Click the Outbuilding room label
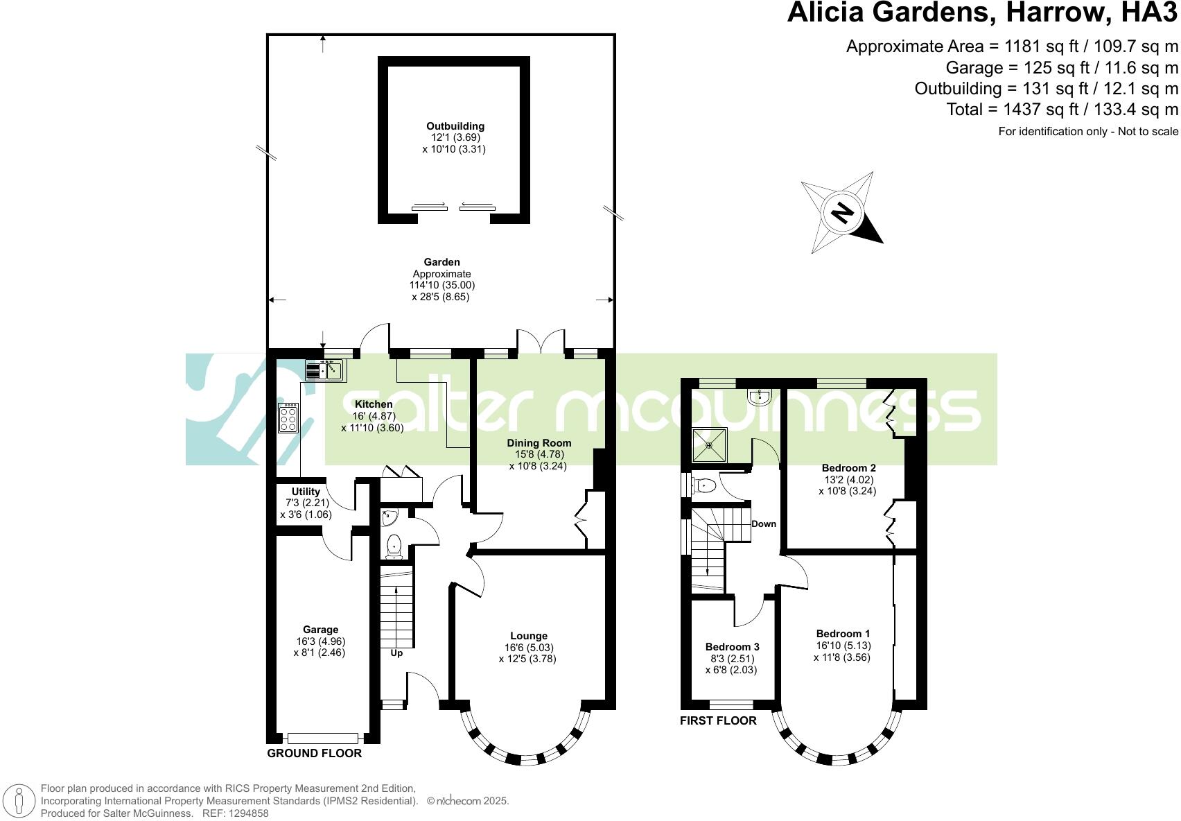(x=455, y=126)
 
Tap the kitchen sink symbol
(x=326, y=371)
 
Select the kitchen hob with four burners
(x=288, y=418)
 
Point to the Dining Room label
(x=539, y=443)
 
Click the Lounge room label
(x=529, y=636)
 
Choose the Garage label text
(x=320, y=630)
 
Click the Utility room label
(x=306, y=492)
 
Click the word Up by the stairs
(x=396, y=653)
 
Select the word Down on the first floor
(x=764, y=524)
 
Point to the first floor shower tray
(x=710, y=445)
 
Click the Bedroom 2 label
(x=848, y=468)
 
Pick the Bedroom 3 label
(x=732, y=647)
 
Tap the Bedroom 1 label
(x=843, y=634)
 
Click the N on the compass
(x=842, y=212)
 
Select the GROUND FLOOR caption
(x=314, y=753)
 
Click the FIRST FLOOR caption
(x=718, y=721)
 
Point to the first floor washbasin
(x=760, y=397)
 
